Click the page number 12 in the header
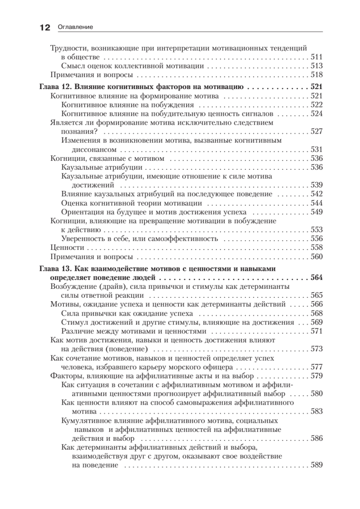(44, 28)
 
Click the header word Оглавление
(72, 28)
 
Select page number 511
(317, 57)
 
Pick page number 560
(317, 256)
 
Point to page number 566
(317, 305)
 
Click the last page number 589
(317, 465)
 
